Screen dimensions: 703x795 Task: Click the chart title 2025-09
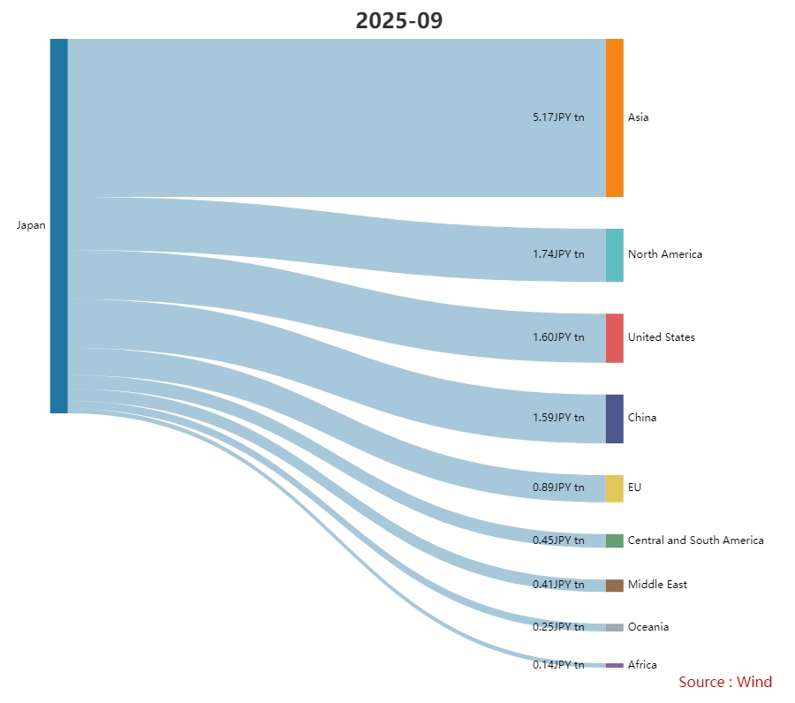pos(398,21)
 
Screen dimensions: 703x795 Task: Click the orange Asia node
pos(614,117)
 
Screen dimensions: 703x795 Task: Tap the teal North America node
pos(614,255)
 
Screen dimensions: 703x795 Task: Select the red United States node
pos(614,337)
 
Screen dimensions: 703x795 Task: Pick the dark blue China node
pos(614,419)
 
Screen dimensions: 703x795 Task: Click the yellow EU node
pos(614,488)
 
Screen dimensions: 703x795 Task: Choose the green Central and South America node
pos(614,540)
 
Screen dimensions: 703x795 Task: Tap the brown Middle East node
pos(614,586)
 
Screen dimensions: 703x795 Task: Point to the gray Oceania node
pos(614,627)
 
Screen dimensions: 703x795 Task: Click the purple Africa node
pos(614,665)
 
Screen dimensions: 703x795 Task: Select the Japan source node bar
pos(58,225)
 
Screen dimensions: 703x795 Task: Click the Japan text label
pos(31,225)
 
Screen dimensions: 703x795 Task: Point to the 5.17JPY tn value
pos(558,117)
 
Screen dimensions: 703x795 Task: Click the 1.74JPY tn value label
pos(558,254)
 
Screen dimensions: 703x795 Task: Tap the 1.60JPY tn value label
pos(558,337)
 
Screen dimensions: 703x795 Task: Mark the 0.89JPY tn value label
pos(558,488)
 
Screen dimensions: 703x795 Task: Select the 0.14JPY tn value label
pos(558,665)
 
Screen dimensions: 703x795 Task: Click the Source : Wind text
pos(725,682)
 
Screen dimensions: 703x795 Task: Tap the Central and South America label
pos(695,540)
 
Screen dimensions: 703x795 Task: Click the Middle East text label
pos(657,585)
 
